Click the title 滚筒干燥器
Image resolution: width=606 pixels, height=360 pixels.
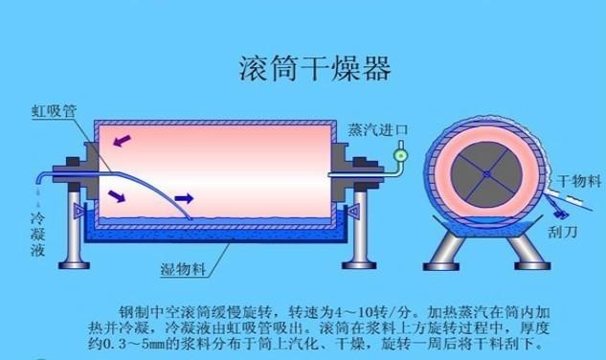click(x=315, y=68)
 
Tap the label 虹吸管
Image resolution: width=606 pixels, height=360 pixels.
click(x=55, y=111)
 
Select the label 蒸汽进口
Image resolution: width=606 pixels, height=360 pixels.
click(x=377, y=130)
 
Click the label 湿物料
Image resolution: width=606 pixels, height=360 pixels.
click(x=183, y=269)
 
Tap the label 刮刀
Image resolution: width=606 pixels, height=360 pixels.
click(x=563, y=232)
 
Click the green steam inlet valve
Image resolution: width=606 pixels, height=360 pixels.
click(x=400, y=155)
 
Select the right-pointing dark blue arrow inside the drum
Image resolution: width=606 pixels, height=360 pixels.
click(x=184, y=199)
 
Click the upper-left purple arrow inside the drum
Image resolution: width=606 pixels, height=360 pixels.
click(x=123, y=141)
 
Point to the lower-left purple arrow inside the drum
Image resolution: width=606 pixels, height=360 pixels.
click(x=117, y=196)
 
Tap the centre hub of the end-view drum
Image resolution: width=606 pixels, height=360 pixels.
click(x=486, y=174)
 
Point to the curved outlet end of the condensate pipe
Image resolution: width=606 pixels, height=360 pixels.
click(x=40, y=178)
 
